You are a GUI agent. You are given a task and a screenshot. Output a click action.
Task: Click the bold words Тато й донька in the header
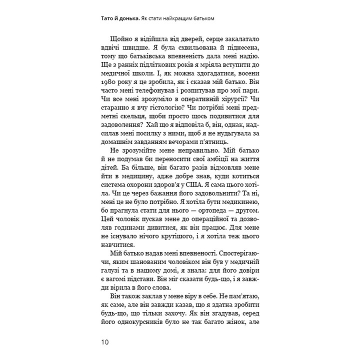[120, 19]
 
